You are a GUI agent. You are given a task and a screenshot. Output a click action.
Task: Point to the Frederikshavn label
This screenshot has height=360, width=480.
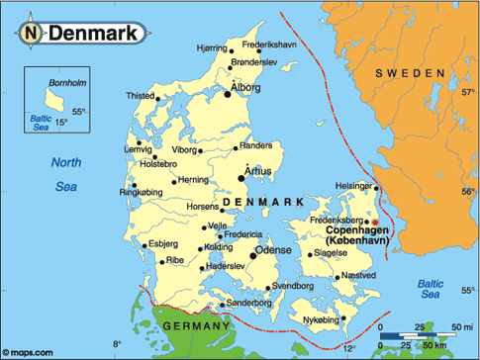(269, 45)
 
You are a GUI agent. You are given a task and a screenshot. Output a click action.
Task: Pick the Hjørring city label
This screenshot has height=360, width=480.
(211, 46)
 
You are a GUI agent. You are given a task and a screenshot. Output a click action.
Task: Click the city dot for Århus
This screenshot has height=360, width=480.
(241, 179)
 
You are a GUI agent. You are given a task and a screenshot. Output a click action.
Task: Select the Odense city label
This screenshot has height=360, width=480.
(274, 251)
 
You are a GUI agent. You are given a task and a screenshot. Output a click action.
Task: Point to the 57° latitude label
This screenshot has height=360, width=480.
(467, 94)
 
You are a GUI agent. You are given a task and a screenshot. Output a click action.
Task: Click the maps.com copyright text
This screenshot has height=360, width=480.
(32, 351)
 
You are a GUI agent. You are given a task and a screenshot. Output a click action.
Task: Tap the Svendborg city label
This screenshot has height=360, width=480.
(292, 285)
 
